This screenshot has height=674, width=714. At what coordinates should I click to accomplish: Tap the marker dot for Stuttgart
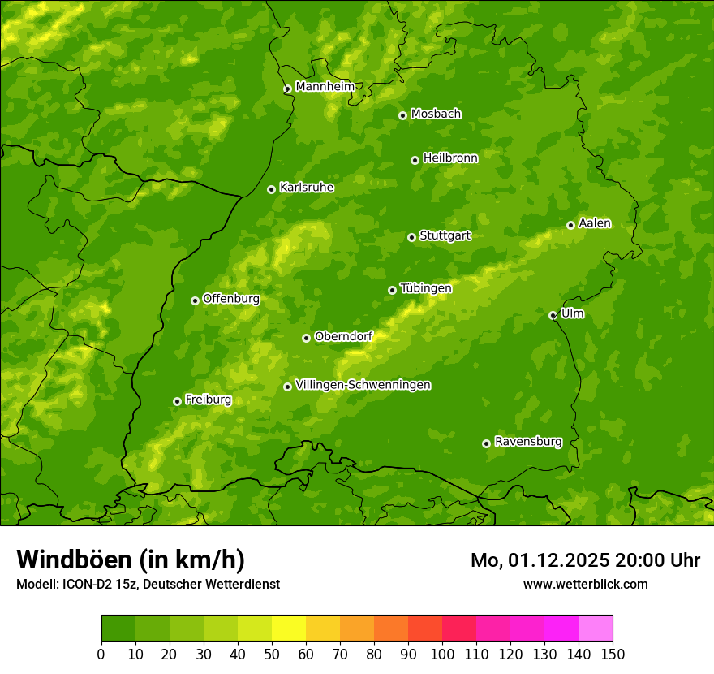coord(411,237)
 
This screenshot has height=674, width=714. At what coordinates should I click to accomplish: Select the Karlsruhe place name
coord(307,188)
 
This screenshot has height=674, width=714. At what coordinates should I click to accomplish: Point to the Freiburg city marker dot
coord(177,401)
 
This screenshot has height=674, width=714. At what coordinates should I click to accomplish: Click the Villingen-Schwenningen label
coord(363,385)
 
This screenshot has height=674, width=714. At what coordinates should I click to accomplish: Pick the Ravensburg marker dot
coord(486,443)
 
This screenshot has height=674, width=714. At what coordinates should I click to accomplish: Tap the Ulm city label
coord(572,313)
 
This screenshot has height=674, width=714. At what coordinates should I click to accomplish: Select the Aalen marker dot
coord(570,225)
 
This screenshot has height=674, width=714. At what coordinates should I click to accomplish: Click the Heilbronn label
coord(450,158)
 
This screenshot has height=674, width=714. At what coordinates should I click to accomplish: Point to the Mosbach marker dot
coord(402,115)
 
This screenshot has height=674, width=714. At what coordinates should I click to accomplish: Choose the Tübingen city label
coord(426,288)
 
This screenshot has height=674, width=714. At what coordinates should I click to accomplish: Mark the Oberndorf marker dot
coord(306,338)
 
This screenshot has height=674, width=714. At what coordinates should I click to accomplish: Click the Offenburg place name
coord(231,299)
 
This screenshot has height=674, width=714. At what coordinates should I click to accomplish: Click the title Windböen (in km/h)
coord(131,560)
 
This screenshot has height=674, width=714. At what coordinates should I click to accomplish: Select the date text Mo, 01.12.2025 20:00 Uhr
coord(585,560)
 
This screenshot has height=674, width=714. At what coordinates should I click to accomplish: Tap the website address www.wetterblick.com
coord(585,584)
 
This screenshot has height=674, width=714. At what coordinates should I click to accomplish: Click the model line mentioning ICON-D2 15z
coord(148,584)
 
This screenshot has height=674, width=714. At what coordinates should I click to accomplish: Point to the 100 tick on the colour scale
coord(442,654)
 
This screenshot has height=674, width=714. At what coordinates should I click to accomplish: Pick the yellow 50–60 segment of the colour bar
coord(289,629)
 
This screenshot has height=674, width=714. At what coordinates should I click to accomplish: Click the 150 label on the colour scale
coord(613,654)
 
